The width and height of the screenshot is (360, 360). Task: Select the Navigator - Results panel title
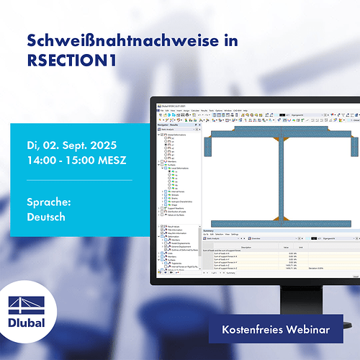[x=171, y=124]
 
